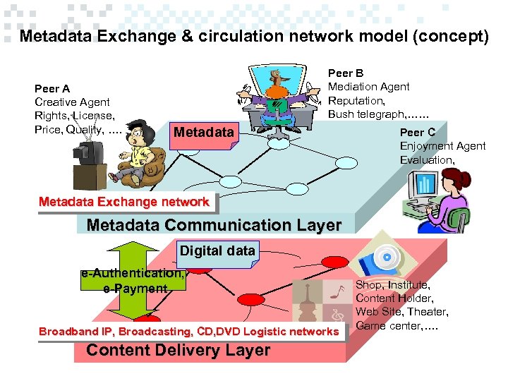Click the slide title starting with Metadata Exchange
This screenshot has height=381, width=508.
coord(253,37)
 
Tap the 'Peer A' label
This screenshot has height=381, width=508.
coord(52,89)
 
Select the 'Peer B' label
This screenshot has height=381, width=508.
coord(346,73)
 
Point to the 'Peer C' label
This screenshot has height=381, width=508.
coord(418,132)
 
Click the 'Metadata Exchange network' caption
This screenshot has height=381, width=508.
coord(124,202)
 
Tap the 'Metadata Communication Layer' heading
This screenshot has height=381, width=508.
coord(214,225)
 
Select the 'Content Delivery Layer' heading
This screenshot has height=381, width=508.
coord(178,351)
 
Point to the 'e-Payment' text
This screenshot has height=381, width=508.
coord(135,289)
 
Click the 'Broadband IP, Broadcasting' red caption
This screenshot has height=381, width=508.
coord(189,332)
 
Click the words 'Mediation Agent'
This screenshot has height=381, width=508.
coord(368,87)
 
